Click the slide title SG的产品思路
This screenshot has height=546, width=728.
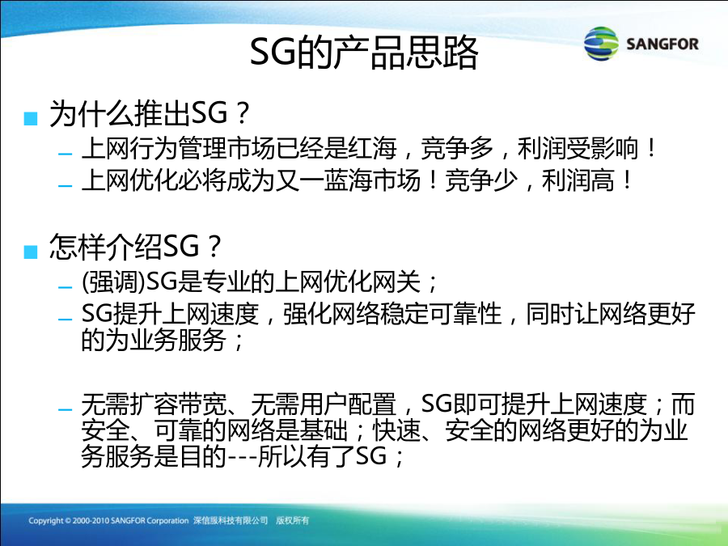(364, 52)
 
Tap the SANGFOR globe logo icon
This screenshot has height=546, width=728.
(601, 44)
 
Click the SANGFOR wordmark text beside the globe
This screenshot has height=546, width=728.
(662, 44)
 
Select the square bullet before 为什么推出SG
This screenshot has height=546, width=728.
(30, 118)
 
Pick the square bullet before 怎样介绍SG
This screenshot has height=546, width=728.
(30, 252)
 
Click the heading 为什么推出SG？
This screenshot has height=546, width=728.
(150, 113)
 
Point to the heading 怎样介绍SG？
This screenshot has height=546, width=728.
(136, 247)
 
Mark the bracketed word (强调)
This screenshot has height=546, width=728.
(114, 281)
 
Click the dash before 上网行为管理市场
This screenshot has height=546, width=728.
(66, 153)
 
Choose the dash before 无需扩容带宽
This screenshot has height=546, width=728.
(66, 409)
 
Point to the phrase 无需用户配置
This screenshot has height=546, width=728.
(324, 404)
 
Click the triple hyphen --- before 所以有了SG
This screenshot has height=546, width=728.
(242, 457)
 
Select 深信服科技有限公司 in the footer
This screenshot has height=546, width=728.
(231, 520)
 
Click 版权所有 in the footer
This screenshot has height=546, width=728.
(293, 520)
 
